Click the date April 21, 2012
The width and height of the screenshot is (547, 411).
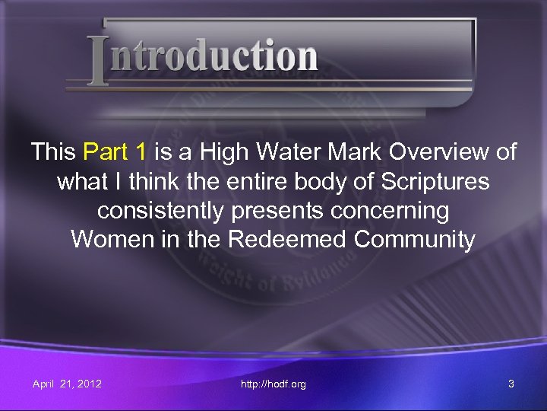pyautogui.click(x=67, y=384)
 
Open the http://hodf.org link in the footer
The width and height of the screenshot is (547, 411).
pyautogui.click(x=273, y=384)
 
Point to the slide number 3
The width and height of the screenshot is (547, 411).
pyautogui.click(x=511, y=384)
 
